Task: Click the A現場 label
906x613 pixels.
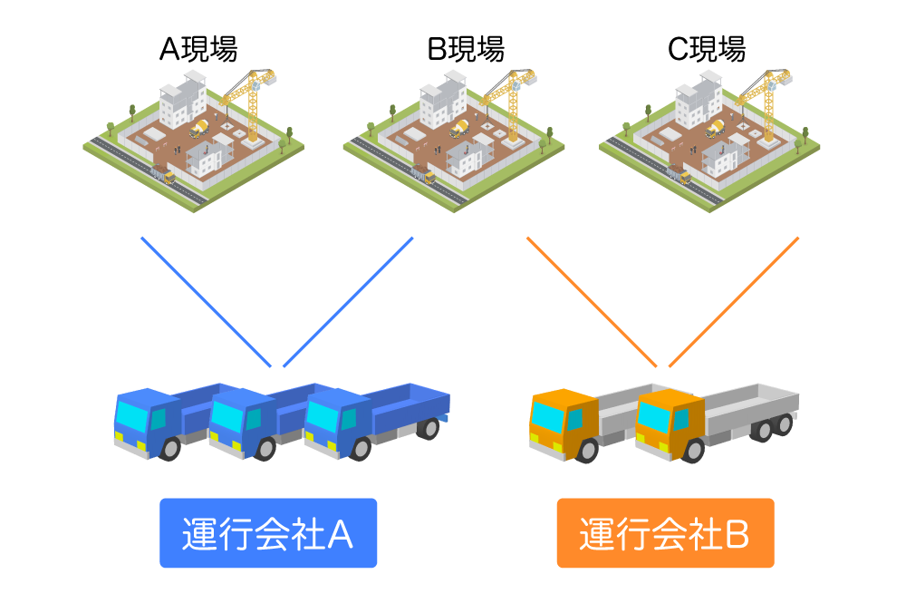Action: click(x=198, y=49)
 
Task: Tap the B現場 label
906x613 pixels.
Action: click(x=465, y=49)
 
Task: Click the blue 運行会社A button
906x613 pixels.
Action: click(x=268, y=533)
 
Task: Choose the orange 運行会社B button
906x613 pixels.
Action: click(x=665, y=533)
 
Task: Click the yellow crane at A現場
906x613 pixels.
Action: click(x=246, y=100)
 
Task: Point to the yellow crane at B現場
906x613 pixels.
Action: click(x=505, y=100)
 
